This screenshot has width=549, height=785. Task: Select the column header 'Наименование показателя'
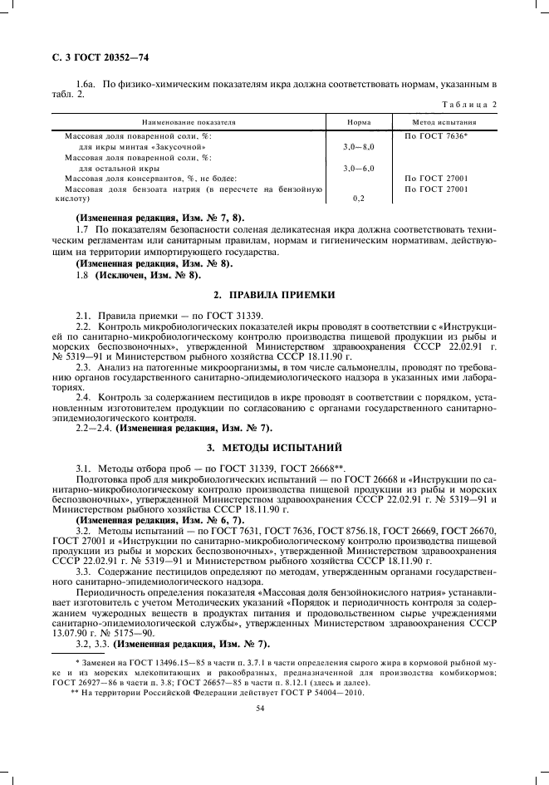[188, 122]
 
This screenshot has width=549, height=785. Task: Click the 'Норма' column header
[359, 122]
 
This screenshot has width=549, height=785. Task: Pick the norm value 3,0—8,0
[359, 146]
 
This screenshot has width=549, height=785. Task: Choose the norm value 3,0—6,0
[359, 168]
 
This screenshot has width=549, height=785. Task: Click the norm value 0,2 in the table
[359, 199]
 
